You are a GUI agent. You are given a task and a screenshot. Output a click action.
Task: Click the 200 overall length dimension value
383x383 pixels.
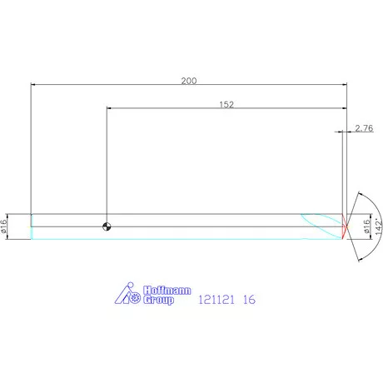point(188,80)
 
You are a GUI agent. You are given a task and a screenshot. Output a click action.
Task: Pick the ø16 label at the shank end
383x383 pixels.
point(5,225)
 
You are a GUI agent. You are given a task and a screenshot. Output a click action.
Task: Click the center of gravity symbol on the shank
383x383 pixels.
point(107,226)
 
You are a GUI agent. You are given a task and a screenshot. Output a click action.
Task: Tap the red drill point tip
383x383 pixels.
point(344,225)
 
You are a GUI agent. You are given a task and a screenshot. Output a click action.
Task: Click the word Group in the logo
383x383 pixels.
point(159,300)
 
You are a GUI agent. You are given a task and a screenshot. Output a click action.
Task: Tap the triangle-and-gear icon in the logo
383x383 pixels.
point(128,292)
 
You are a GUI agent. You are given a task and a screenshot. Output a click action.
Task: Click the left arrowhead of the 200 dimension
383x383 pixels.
point(34,84)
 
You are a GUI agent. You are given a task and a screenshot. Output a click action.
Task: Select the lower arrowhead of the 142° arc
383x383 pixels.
point(357,255)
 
